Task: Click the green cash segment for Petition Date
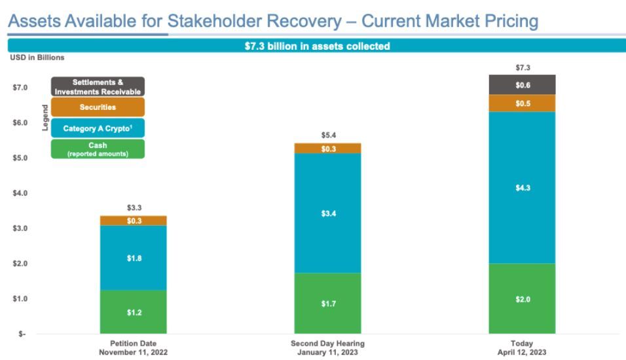point(133,312)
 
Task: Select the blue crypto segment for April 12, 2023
point(522,188)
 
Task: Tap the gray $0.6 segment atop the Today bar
point(522,85)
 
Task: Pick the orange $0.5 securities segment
point(522,103)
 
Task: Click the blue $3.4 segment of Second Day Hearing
point(329,213)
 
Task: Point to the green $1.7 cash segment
point(329,303)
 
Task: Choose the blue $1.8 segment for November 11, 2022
point(133,258)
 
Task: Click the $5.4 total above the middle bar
point(329,135)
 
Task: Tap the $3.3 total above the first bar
point(133,208)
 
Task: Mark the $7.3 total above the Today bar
point(522,67)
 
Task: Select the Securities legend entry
point(98,107)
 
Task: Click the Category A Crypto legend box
point(98,128)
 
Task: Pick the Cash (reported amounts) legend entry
point(98,149)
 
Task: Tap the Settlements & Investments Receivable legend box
point(98,87)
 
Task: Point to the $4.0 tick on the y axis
point(20,194)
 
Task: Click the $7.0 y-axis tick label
point(20,88)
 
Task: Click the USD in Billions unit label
point(37,58)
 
